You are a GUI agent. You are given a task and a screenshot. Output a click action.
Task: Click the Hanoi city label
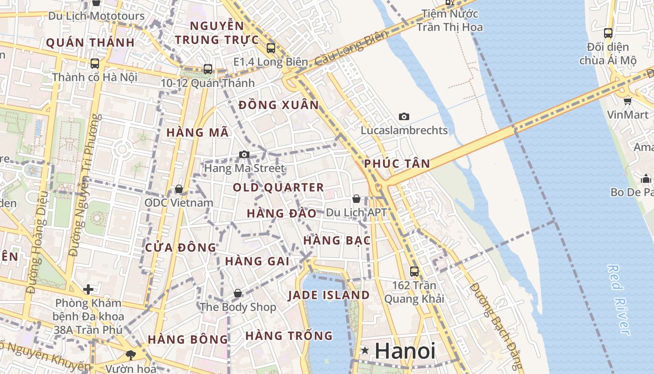point(405,351)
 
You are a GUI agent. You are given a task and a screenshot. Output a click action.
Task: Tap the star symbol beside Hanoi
point(365,350)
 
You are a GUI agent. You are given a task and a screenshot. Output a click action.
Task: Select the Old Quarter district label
point(278,187)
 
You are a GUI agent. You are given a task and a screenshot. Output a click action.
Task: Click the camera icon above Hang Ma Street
point(244,154)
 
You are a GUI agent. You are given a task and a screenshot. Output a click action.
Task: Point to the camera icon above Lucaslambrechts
point(404,116)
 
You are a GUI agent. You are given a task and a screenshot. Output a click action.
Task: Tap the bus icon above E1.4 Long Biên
point(271,48)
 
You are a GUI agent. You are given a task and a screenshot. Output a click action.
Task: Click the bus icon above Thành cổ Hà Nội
point(95,64)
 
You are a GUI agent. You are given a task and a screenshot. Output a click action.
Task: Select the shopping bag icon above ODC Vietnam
point(178,189)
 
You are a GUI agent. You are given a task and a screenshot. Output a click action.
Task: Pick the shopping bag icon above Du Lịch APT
point(356,199)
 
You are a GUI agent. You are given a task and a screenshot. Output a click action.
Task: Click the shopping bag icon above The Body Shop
point(238,293)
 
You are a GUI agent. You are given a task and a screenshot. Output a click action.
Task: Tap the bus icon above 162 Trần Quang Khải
point(414,271)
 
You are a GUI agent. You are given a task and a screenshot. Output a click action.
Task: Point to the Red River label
point(619,300)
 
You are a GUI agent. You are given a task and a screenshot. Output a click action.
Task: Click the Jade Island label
point(328,295)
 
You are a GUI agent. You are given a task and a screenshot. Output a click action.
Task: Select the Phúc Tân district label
point(397,164)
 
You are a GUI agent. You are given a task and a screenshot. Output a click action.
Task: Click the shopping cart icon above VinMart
point(627,101)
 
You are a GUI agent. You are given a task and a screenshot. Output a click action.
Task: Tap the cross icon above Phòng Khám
point(88,289)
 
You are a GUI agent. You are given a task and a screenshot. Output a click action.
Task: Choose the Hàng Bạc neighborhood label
point(337,240)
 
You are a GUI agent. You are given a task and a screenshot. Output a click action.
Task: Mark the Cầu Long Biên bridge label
point(351,49)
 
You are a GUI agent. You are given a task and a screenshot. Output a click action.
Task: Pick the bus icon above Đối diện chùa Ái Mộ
point(608,33)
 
